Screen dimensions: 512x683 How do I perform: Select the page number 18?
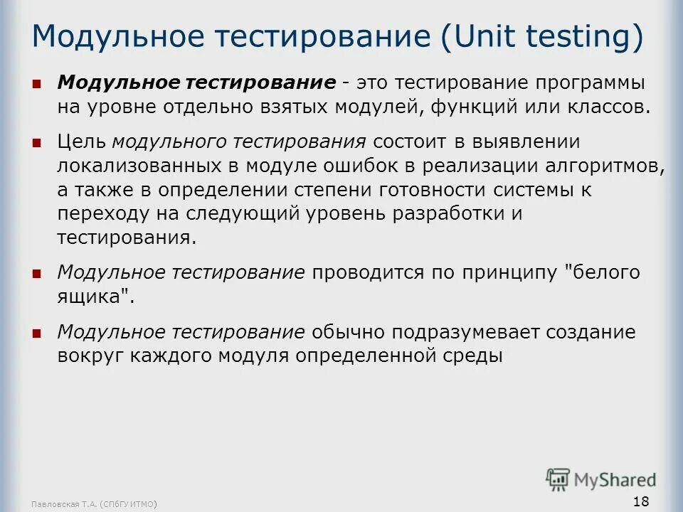640,502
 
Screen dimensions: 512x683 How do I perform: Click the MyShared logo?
601,479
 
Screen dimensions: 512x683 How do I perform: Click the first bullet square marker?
37,82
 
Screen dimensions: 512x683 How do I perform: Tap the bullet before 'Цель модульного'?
37,143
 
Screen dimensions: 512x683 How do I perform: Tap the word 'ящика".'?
95,297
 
